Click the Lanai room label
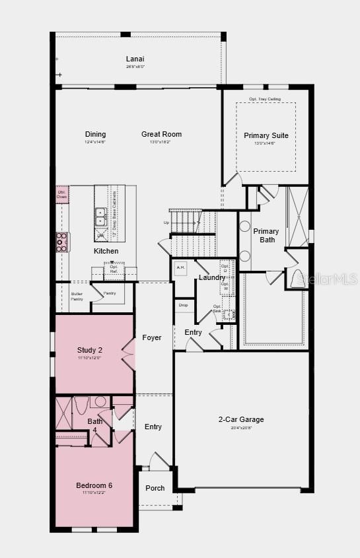click(x=135, y=59)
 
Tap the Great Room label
click(x=161, y=134)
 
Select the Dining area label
click(x=95, y=134)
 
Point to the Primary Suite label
click(x=266, y=135)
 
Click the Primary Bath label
click(x=266, y=235)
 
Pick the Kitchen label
click(x=106, y=251)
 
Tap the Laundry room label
click(x=212, y=277)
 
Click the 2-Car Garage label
click(x=241, y=419)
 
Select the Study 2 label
click(x=89, y=350)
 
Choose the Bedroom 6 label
click(x=94, y=485)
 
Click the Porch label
click(x=155, y=488)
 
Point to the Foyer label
click(x=152, y=337)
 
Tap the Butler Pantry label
click(x=77, y=296)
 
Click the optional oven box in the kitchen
click(x=61, y=194)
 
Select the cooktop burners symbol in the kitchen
click(x=61, y=242)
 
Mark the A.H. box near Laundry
click(x=180, y=267)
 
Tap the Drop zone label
click(x=183, y=305)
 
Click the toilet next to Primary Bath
click(x=297, y=277)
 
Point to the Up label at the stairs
click(x=166, y=223)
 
